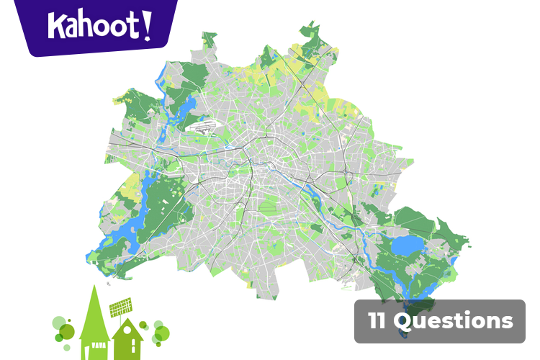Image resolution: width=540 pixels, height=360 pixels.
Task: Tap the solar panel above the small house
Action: (x=122, y=309)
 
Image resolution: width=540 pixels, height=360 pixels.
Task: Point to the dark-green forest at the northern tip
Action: (x=313, y=40)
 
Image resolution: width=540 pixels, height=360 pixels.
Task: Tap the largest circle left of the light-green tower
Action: (x=66, y=331)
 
